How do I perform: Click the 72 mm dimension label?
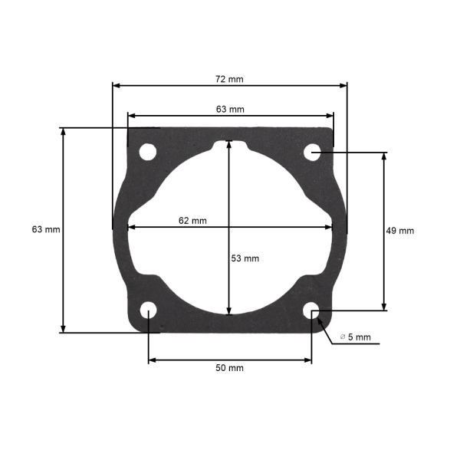point(229,79)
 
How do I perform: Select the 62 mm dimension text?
point(192,221)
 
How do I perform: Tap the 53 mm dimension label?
point(245,258)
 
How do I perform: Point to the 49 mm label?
point(400,231)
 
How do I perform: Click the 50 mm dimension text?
point(229,368)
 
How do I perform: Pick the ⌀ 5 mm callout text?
point(355,337)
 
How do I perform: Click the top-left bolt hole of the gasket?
point(148,152)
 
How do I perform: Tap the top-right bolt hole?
point(312,153)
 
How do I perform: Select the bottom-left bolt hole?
point(149,310)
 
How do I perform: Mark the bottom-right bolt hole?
point(311,310)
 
